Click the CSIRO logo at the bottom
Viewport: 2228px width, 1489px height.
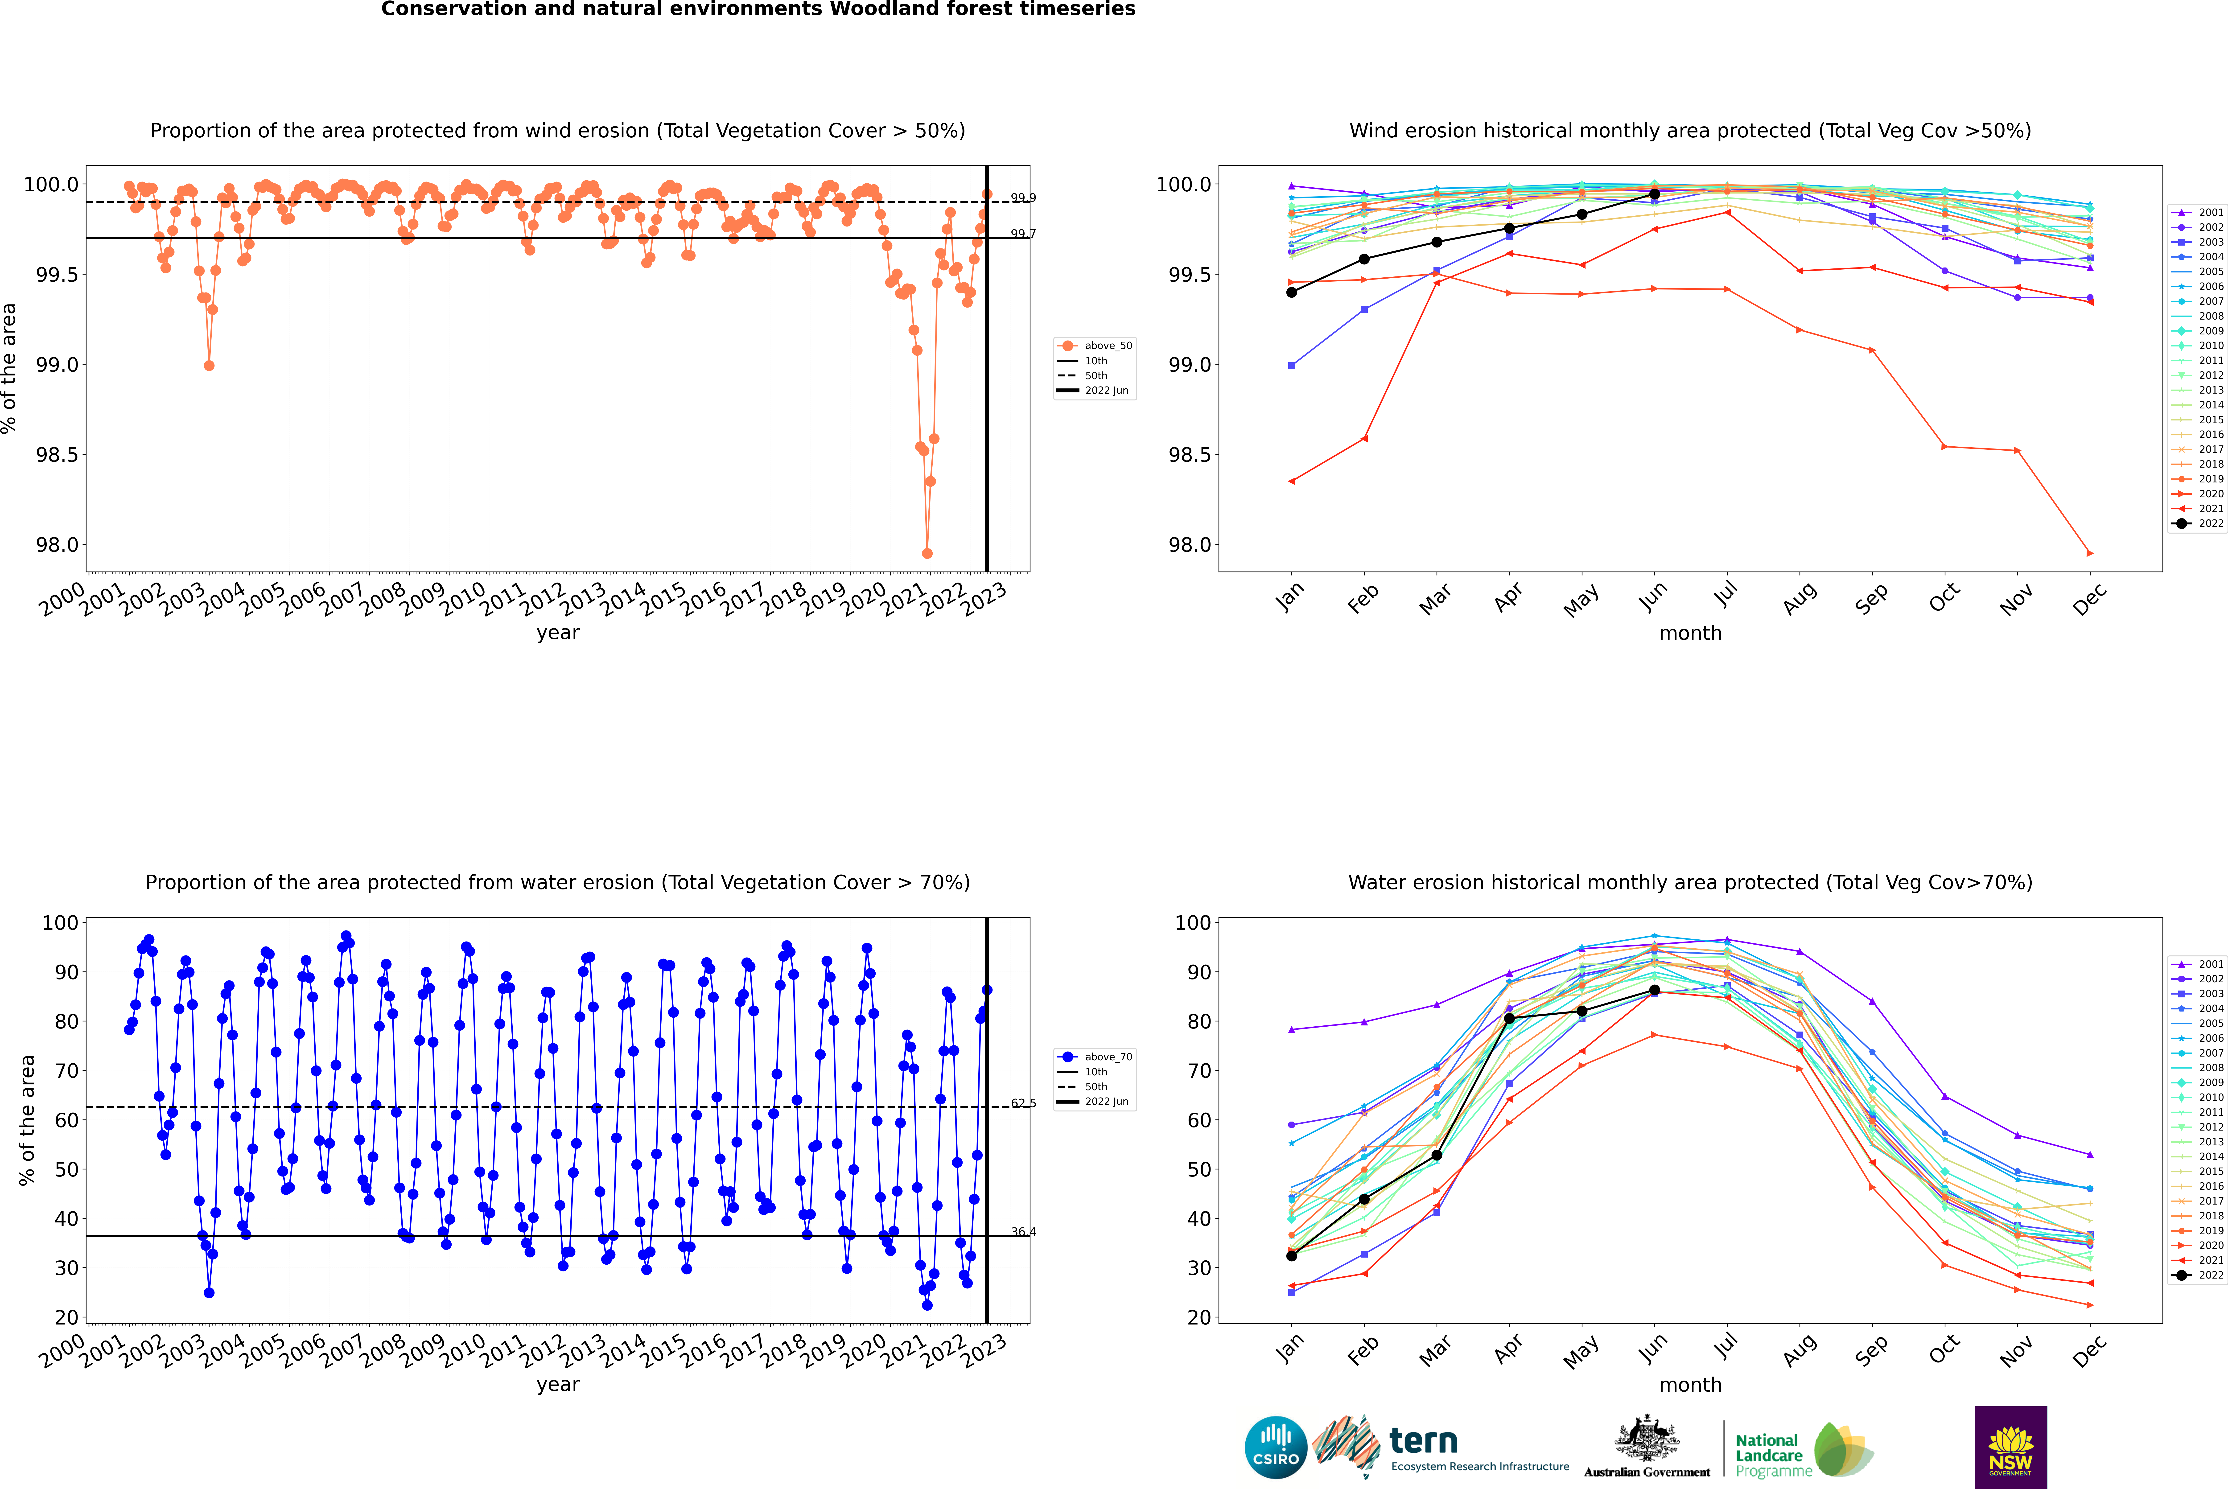pyautogui.click(x=1276, y=1447)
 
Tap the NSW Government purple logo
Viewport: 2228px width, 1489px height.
pyautogui.click(x=2010, y=1447)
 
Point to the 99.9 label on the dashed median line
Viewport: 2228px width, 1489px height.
pyautogui.click(x=1023, y=198)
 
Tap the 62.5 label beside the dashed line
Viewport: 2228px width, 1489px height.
pyautogui.click(x=1023, y=1103)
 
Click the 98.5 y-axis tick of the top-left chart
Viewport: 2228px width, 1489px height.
pyautogui.click(x=57, y=455)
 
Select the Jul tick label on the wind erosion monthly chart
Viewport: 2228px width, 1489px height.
pyautogui.click(x=1726, y=596)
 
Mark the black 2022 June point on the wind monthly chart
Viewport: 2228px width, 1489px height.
pyautogui.click(x=1654, y=194)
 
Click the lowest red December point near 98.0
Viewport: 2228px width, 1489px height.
pyautogui.click(x=2089, y=553)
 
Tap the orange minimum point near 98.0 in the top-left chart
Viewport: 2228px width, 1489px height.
pyautogui.click(x=927, y=553)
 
